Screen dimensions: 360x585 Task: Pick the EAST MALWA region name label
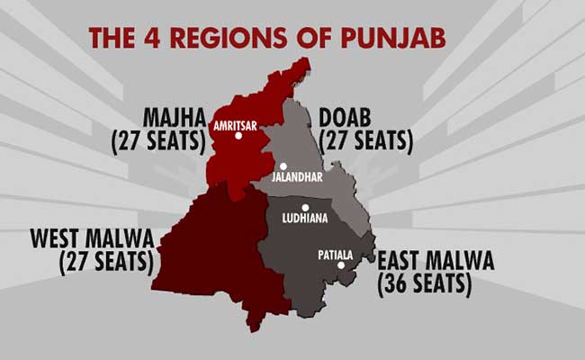pos(436,262)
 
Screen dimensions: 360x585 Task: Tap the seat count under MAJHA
pos(157,140)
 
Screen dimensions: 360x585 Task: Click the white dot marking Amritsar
pos(238,136)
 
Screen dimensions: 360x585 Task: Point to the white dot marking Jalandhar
pos(283,166)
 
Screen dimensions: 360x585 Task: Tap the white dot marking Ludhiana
pos(305,207)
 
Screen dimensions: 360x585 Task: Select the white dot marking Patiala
pos(340,265)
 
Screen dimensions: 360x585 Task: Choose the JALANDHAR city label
pos(297,178)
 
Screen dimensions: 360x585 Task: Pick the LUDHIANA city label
pos(306,219)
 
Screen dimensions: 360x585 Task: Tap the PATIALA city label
pos(336,254)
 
